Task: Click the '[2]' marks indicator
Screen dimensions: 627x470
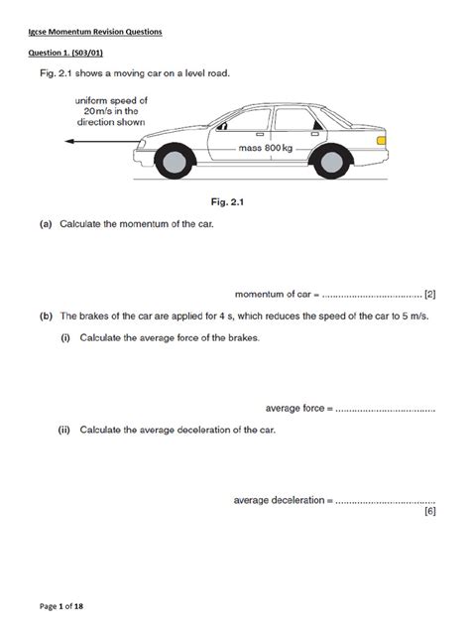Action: coord(429,294)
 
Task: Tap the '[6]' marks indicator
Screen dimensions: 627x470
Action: coord(429,512)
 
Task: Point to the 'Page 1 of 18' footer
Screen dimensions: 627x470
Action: coord(64,604)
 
